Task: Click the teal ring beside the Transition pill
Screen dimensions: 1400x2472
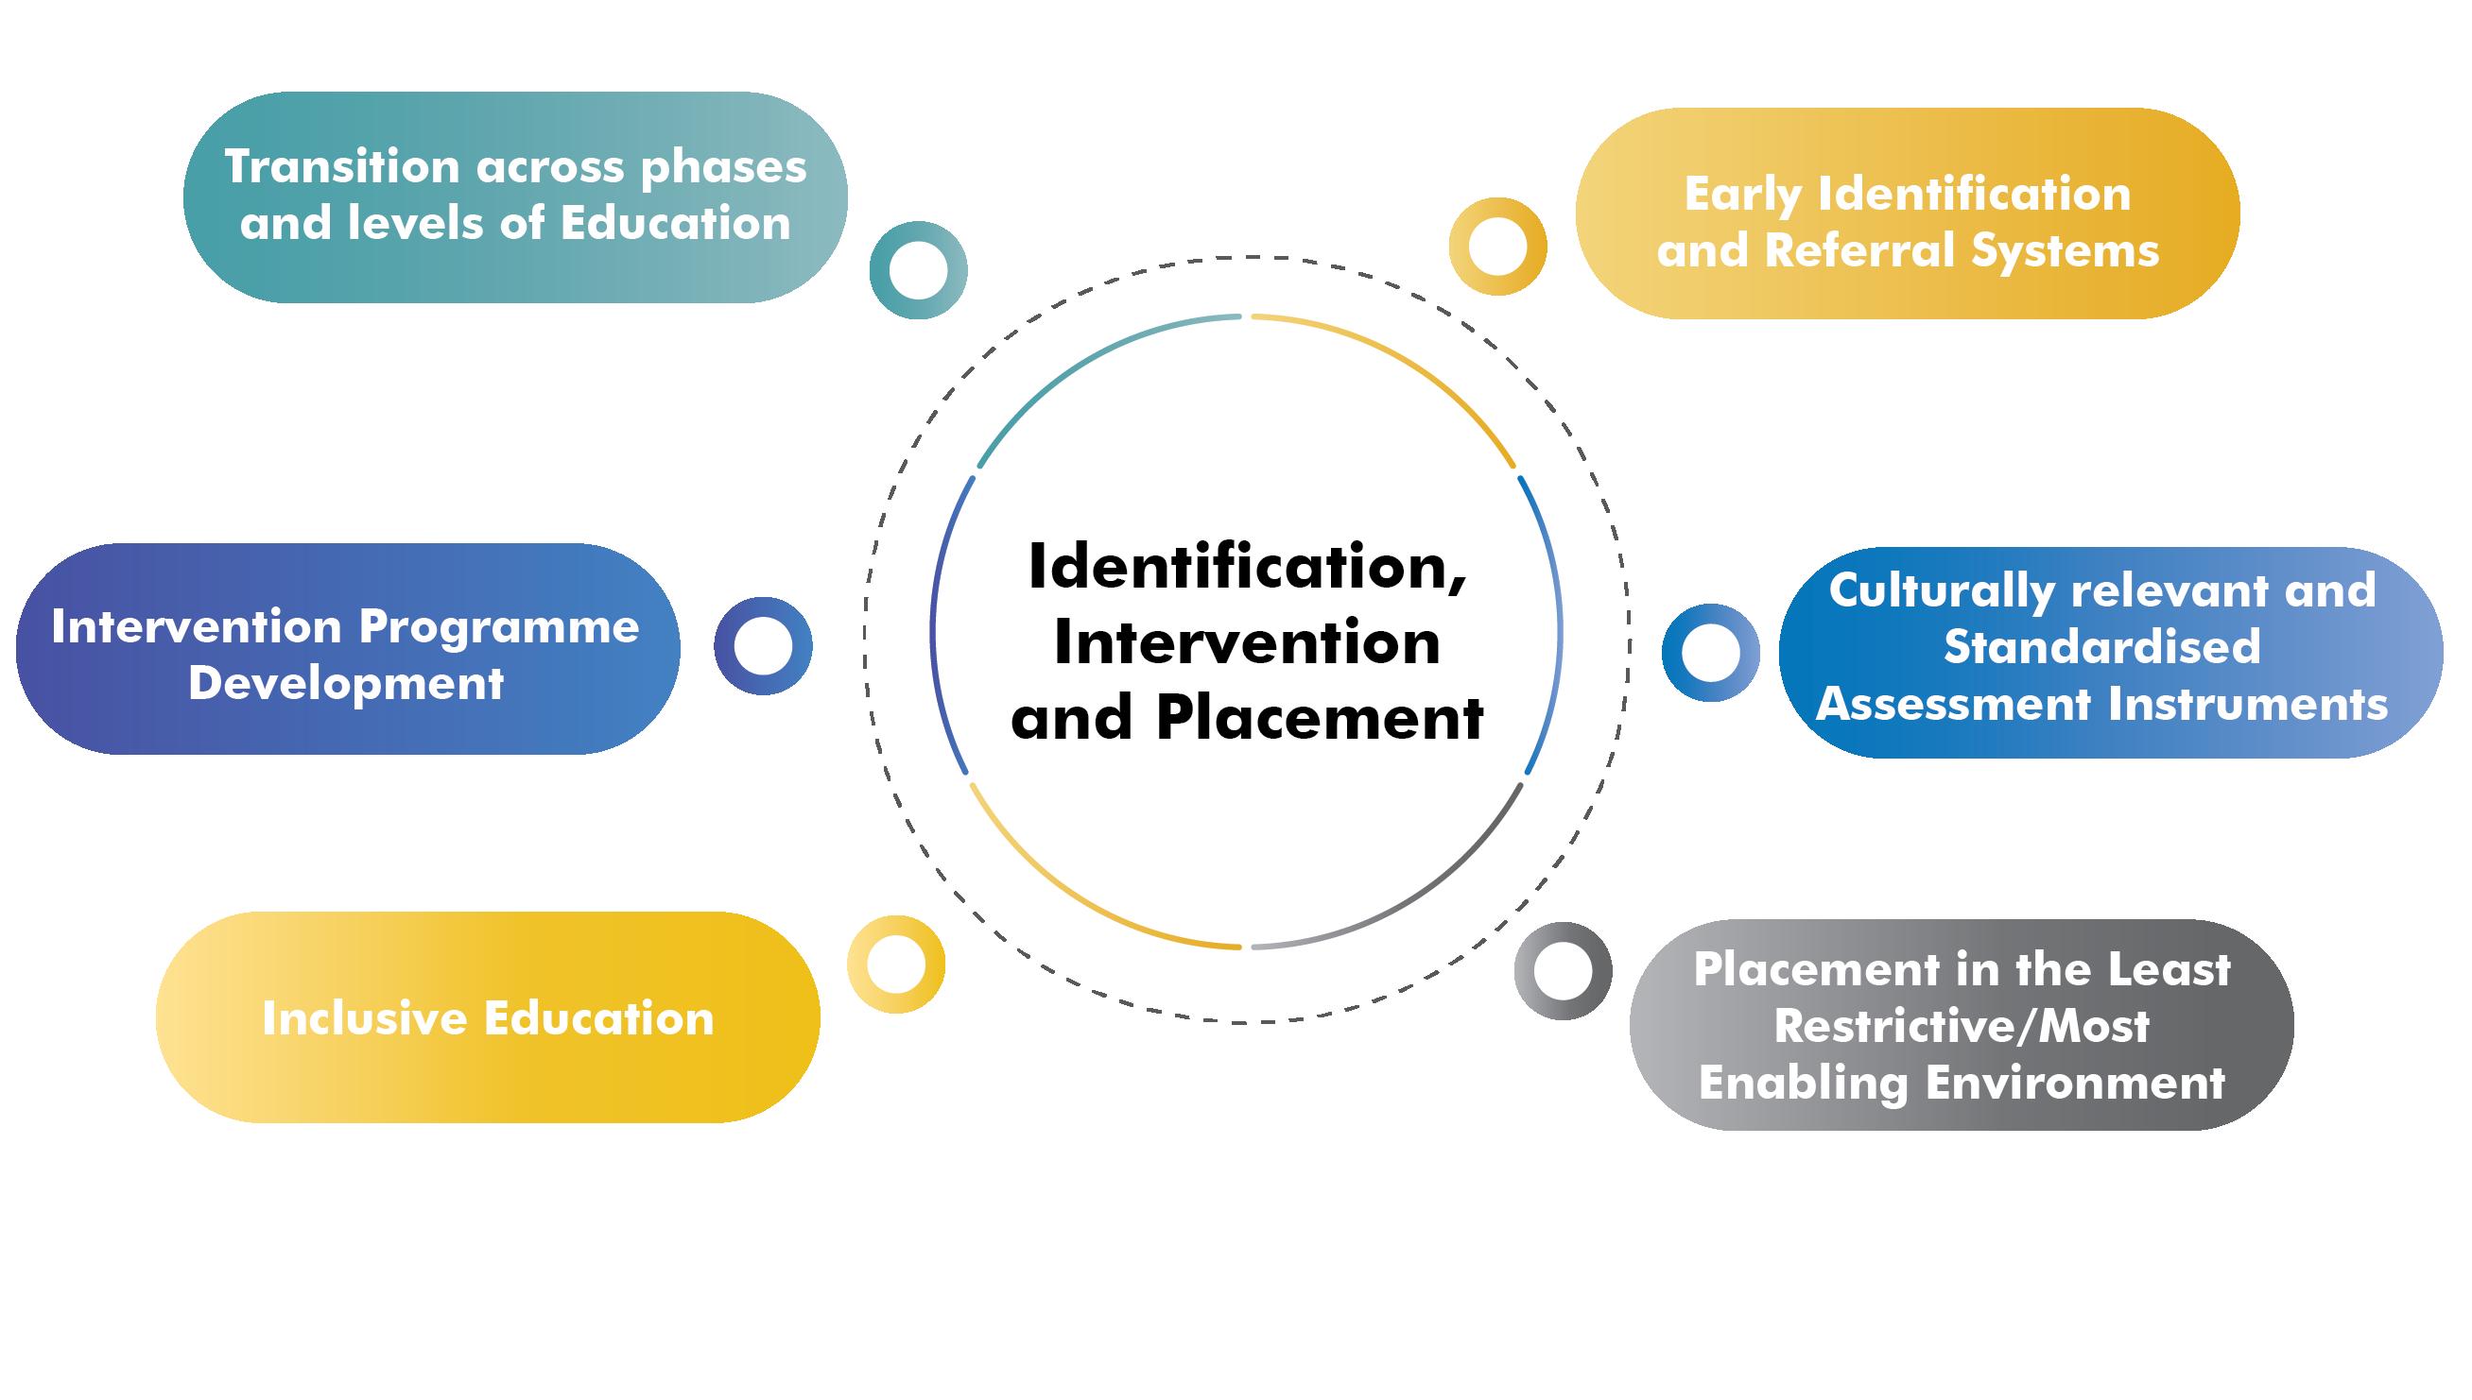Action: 918,270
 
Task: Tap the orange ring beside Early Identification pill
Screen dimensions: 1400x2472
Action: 1497,247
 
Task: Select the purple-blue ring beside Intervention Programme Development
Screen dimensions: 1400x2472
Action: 763,646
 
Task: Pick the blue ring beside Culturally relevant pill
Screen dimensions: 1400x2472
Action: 1710,653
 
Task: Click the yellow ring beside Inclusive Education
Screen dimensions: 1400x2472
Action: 895,965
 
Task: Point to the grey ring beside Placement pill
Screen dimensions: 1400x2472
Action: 1563,971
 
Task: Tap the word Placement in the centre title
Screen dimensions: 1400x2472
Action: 1320,718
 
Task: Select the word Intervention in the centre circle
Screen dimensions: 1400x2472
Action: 1247,642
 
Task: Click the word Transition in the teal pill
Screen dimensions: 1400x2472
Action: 342,167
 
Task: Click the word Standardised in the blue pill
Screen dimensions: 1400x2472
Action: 2101,646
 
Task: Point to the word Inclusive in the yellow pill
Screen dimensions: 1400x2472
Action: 365,1018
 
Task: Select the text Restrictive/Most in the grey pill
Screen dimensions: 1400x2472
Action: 1962,1026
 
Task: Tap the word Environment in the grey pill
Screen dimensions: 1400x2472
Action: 2075,1083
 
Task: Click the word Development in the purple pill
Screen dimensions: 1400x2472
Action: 346,684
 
